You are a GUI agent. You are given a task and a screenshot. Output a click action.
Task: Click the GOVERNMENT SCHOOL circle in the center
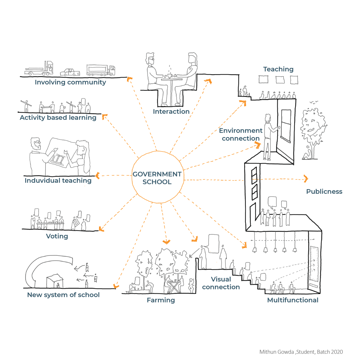(157, 178)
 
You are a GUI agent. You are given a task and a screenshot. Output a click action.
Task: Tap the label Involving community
(70, 82)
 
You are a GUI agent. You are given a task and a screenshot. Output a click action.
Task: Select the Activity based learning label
(58, 117)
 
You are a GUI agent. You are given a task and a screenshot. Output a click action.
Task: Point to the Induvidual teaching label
(58, 181)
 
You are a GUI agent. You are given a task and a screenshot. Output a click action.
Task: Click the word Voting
(57, 236)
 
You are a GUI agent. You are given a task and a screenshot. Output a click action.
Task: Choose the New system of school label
(63, 295)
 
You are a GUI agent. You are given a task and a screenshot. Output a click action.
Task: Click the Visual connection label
(221, 283)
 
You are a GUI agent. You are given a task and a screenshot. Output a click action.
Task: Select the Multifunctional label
(292, 300)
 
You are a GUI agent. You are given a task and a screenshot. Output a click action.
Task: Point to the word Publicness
(324, 192)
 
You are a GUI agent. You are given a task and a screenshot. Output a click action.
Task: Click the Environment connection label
(240, 135)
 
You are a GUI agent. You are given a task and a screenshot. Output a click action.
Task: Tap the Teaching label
(278, 69)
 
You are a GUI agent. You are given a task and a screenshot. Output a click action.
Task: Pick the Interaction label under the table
(171, 111)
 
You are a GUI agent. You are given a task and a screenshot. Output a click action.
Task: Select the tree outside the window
(312, 127)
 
